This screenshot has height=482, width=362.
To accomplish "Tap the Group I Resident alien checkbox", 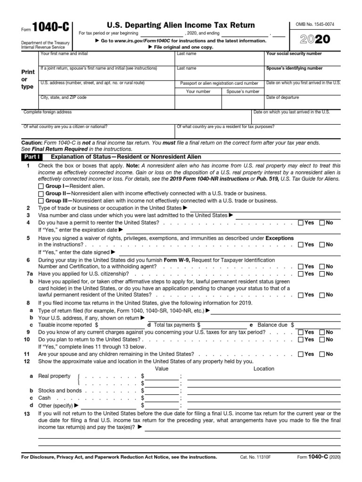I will tap(41, 187).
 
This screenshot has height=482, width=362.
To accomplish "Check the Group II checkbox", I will tap(41, 194).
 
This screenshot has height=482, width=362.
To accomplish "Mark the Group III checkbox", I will tap(41, 201).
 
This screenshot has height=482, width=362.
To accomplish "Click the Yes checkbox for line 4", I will tap(301, 223).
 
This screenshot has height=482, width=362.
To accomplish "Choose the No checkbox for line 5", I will tap(322, 245).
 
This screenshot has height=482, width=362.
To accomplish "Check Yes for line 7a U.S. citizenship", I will tap(301, 273).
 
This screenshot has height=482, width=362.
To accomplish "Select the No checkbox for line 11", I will tap(322, 354).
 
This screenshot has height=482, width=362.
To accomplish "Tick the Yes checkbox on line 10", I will tap(301, 339).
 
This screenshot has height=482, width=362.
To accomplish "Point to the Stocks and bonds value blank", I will tap(162, 390).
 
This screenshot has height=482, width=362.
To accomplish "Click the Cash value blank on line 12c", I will tap(162, 398).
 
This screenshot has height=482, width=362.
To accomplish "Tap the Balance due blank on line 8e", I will tap(318, 325).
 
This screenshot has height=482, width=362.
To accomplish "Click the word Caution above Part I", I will tap(32, 143).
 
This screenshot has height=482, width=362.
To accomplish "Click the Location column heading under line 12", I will tap(263, 369).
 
